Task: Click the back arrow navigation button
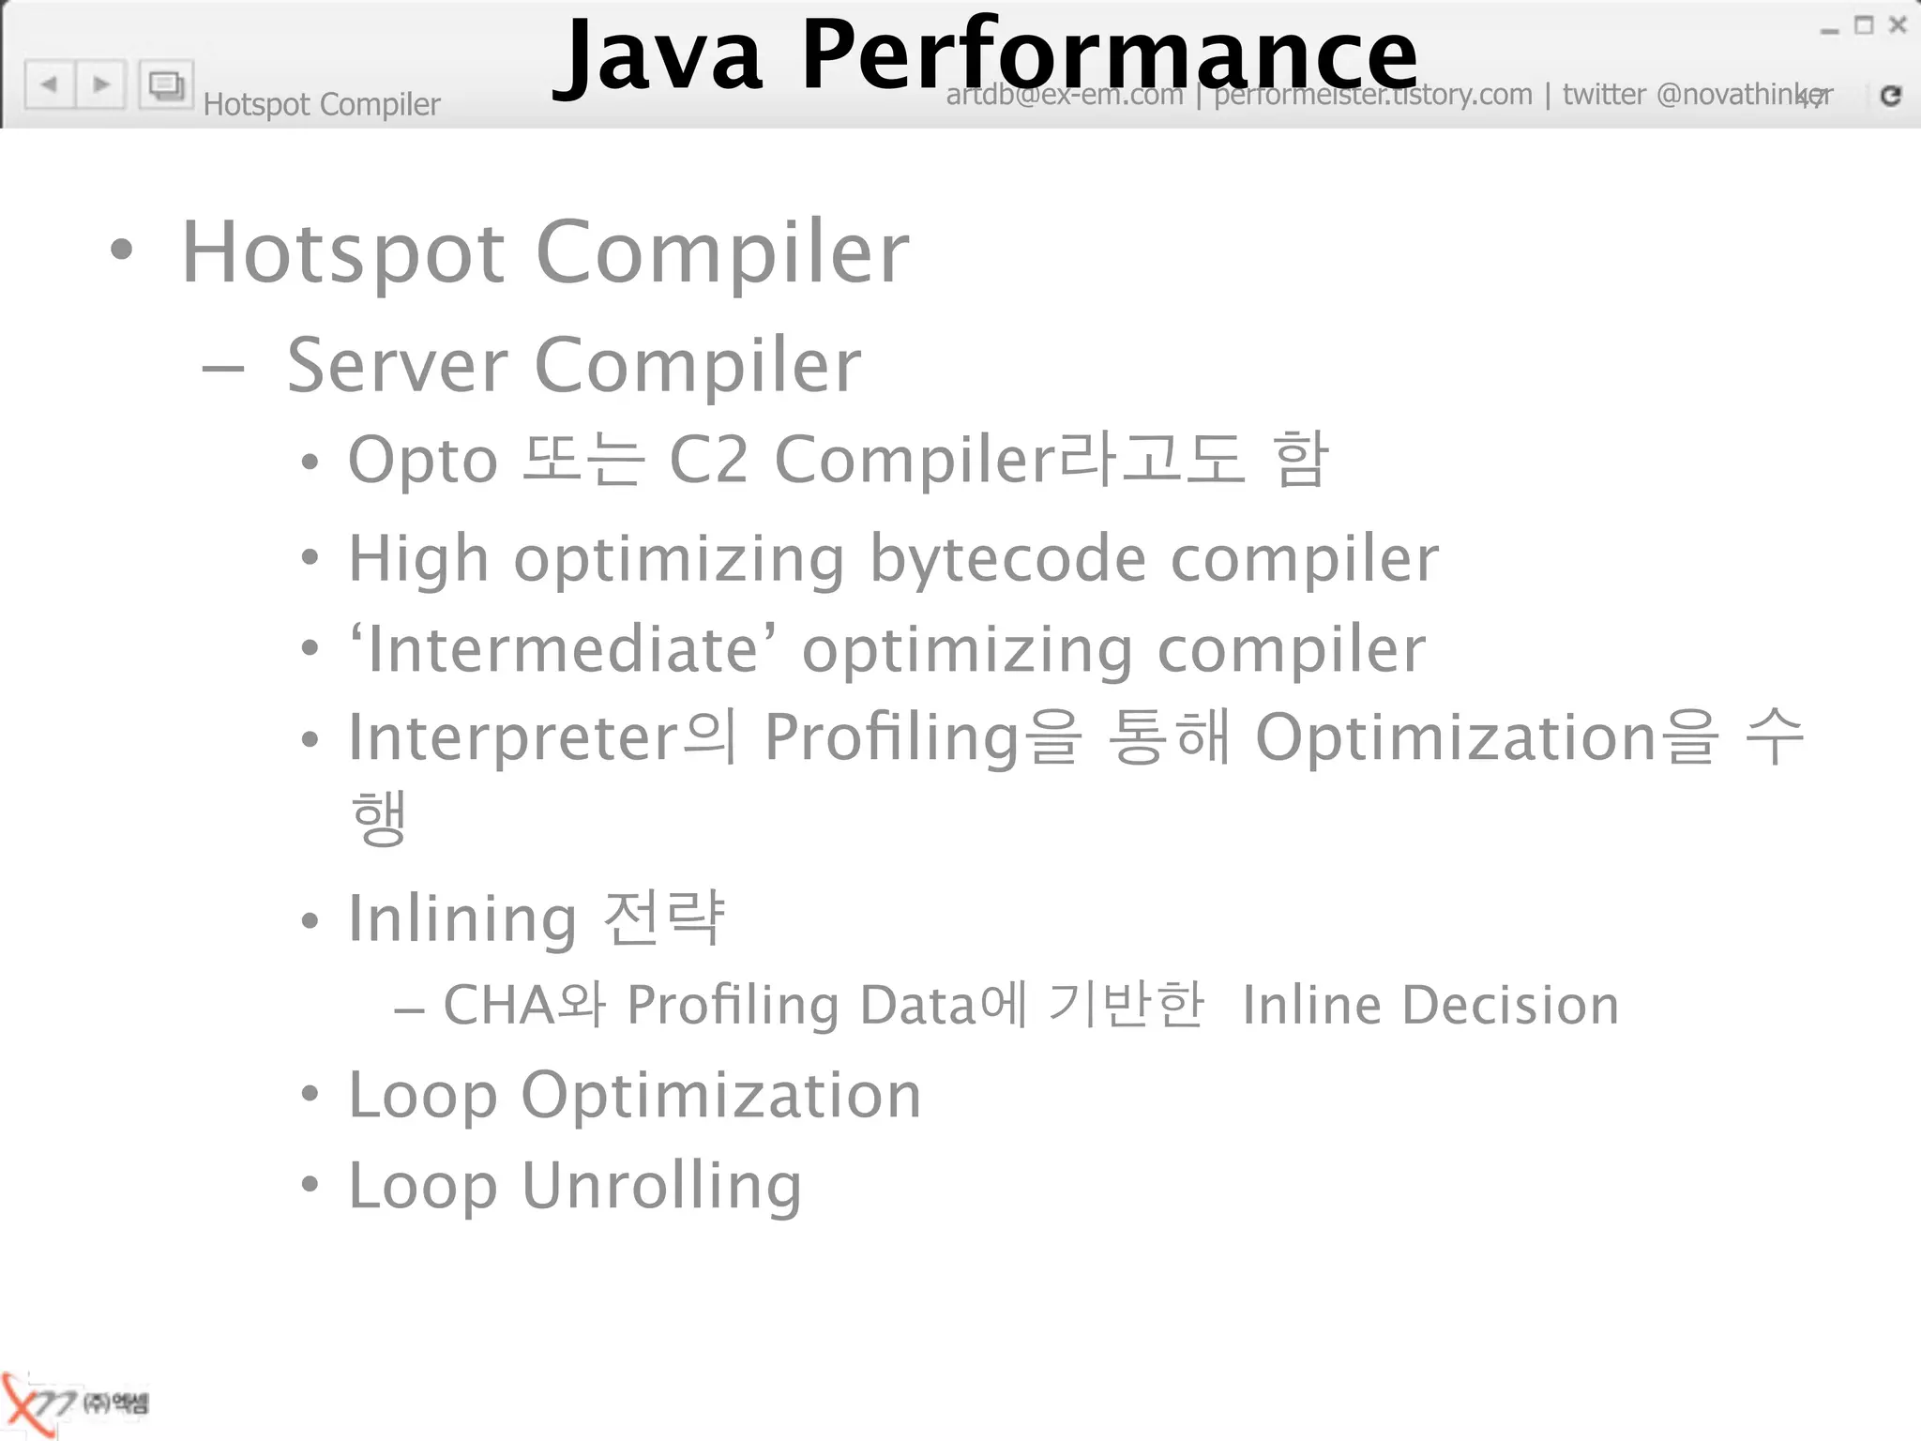coord(50,84)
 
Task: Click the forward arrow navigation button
coord(101,84)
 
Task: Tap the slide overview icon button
coord(166,85)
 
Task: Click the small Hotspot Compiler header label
coord(321,104)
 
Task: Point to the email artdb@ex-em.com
coord(1064,95)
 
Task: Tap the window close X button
coord(1898,25)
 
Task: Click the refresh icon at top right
coord(1890,95)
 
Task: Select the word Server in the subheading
coord(398,365)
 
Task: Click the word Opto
coord(422,461)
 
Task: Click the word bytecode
coord(1007,559)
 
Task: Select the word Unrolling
coord(661,1185)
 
